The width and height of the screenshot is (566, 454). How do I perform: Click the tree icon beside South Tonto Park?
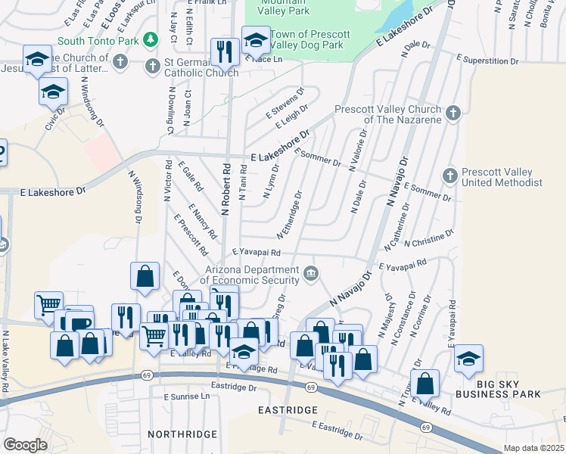(x=151, y=39)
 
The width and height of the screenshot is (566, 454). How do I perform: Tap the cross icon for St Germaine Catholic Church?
(x=151, y=65)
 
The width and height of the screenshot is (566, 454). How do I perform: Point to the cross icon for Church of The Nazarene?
(x=452, y=113)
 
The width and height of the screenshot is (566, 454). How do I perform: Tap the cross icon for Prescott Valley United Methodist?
(x=449, y=176)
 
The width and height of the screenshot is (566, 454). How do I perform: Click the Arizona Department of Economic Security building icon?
(x=310, y=273)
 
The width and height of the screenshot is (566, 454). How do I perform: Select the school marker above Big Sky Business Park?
(x=468, y=358)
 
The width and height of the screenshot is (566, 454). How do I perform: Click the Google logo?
(x=25, y=444)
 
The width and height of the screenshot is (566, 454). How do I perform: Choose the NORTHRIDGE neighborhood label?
(x=182, y=434)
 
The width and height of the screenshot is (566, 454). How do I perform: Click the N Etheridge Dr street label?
(x=290, y=215)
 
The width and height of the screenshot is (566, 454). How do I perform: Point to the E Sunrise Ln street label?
(x=186, y=396)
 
